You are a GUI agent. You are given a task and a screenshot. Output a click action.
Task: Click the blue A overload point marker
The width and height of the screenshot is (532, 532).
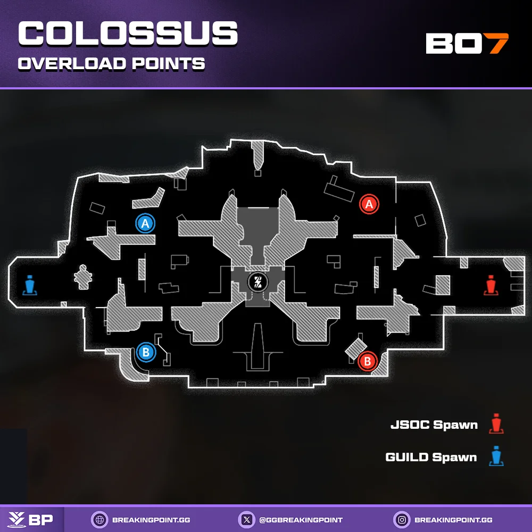145,223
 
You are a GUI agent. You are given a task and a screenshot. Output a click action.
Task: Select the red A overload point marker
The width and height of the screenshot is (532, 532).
369,203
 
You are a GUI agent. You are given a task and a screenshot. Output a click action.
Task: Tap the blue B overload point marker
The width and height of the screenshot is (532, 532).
146,351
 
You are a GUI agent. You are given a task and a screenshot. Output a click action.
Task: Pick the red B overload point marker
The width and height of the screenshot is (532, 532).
367,362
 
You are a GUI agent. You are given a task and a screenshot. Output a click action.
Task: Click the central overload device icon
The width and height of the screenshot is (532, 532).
258,282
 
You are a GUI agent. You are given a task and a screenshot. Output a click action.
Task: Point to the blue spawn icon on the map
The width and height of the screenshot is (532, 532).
30,285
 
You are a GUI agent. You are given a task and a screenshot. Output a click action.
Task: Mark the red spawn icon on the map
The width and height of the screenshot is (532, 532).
491,285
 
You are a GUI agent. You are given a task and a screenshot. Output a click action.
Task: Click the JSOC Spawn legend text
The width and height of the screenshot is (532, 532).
434,425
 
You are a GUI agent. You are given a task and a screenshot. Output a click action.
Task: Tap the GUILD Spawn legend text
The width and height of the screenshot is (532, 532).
431,457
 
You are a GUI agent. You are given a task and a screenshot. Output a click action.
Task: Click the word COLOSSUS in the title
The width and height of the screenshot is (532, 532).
128,35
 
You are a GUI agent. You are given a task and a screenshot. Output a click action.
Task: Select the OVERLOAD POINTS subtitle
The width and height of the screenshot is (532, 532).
112,64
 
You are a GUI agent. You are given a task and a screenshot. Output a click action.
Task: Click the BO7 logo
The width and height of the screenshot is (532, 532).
467,44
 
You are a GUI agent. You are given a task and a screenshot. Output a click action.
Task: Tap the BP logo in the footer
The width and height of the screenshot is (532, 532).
32,519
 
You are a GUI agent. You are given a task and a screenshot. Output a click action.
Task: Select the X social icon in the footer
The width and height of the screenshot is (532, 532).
245,519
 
